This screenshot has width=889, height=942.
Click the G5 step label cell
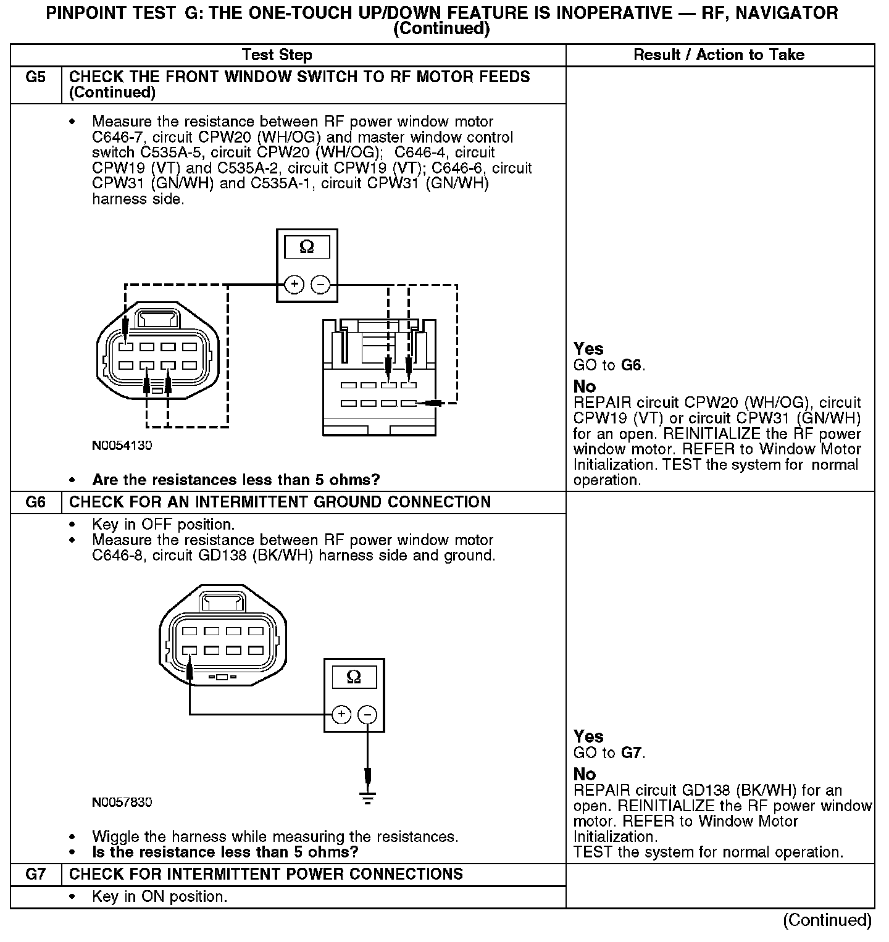[x=36, y=77]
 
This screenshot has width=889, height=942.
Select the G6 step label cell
[x=36, y=502]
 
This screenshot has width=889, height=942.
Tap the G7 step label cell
[x=36, y=874]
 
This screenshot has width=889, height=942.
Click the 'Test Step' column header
[x=277, y=55]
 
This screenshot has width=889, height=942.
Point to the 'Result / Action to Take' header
[x=719, y=55]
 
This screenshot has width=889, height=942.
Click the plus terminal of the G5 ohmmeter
[x=294, y=285]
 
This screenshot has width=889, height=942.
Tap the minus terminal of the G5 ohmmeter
[x=320, y=285]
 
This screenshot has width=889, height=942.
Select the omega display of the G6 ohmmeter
[x=354, y=677]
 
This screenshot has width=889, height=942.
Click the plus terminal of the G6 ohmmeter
[x=341, y=715]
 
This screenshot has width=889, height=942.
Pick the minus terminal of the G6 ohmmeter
[x=367, y=715]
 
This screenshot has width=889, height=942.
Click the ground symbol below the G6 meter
[x=367, y=798]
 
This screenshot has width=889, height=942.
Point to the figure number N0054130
[x=122, y=446]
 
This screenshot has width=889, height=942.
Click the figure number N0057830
[x=122, y=802]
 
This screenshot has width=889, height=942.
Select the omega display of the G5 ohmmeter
[x=306, y=248]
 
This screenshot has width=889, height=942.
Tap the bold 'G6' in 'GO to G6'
[x=632, y=365]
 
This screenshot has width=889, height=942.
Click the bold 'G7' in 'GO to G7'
[x=632, y=752]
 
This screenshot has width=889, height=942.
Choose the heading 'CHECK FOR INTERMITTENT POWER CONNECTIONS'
[x=266, y=874]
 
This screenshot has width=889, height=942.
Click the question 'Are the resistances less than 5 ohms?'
[x=236, y=480]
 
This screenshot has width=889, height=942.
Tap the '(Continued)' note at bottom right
[x=827, y=920]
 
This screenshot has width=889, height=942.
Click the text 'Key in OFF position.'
[x=163, y=525]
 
